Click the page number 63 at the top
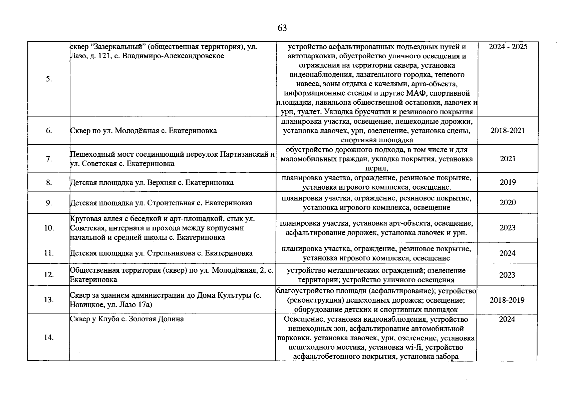pos(282,28)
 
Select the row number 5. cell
pos(49,79)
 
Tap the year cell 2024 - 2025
pos(508,47)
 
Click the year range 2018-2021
pos(507,131)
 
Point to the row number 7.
pos(49,159)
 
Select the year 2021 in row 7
pos(507,159)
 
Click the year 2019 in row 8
pos(507,182)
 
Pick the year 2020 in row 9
pos(507,203)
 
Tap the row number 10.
pos(49,228)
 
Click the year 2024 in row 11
pos(507,253)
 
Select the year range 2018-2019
pos(507,300)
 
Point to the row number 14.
pos(49,338)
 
